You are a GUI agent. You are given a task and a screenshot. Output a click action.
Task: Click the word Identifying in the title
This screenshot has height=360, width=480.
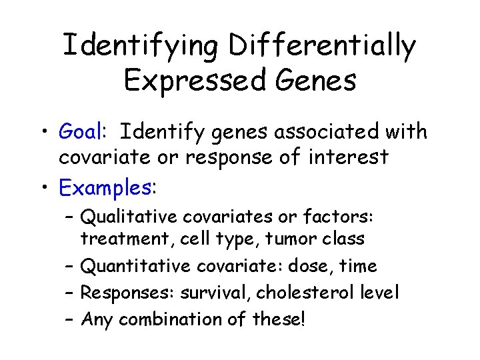[x=141, y=46]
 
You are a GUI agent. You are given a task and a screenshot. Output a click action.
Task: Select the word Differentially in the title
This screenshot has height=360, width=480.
[x=322, y=46]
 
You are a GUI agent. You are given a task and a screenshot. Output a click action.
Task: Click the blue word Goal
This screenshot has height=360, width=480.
[x=79, y=132]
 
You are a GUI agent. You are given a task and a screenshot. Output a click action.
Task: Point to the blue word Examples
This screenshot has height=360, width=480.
[x=105, y=188]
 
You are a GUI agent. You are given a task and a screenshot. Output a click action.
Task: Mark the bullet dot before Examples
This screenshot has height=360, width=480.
[x=43, y=189]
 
